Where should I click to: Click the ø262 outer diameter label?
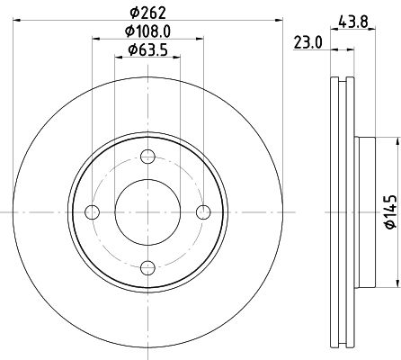(x=148, y=12)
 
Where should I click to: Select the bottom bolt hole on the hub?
(x=148, y=266)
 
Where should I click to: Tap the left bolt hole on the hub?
(x=93, y=212)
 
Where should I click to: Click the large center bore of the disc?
(x=148, y=212)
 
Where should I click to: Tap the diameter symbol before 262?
(x=131, y=12)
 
